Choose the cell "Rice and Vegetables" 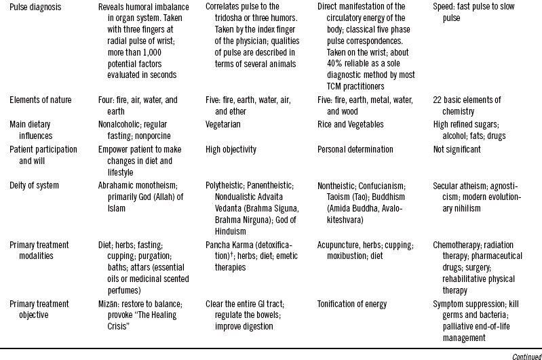pyautogui.click(x=351, y=125)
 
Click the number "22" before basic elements pyautogui.click(x=438, y=100)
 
